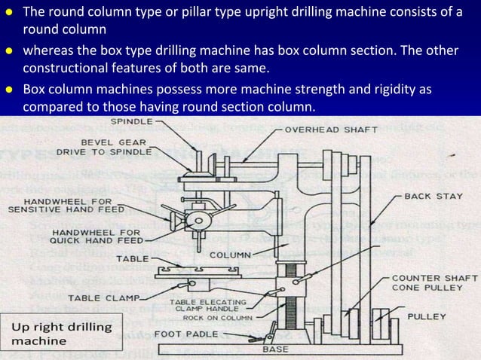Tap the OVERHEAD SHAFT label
pos(329,129)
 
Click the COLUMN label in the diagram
pos(230,255)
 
